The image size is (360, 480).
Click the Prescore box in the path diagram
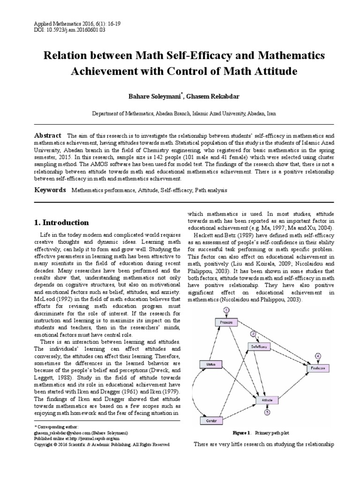[226, 323]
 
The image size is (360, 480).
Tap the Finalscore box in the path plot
[318, 368]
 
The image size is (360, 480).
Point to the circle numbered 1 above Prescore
[226, 310]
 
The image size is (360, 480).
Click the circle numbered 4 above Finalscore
[318, 356]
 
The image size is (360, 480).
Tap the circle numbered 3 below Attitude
[267, 412]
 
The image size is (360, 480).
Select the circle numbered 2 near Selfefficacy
[254, 334]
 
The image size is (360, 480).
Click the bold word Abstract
[48, 135]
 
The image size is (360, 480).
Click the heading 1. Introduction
[62, 222]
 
